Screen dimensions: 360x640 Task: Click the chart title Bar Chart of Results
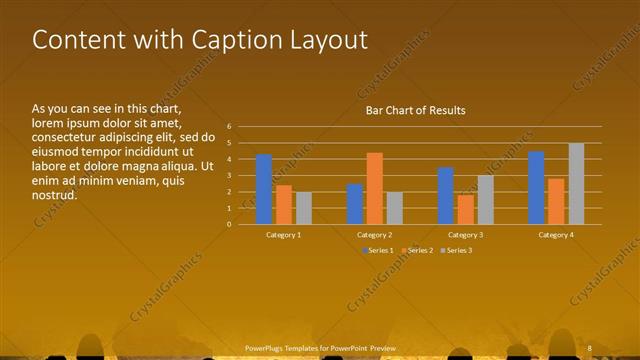click(x=415, y=110)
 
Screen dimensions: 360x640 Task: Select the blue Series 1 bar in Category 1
click(x=264, y=189)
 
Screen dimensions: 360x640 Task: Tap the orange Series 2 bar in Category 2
click(x=374, y=188)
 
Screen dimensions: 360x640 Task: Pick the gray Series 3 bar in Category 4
click(x=576, y=183)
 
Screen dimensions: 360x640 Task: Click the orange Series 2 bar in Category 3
click(x=465, y=209)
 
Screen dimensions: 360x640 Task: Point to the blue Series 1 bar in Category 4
click(x=536, y=187)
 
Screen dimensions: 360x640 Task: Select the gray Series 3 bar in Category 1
click(x=303, y=208)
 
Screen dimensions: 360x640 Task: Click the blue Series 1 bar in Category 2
click(x=355, y=204)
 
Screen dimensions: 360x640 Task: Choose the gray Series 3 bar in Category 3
click(x=485, y=199)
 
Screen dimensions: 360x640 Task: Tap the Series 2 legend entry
click(x=418, y=250)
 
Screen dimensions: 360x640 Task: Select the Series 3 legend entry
click(x=457, y=250)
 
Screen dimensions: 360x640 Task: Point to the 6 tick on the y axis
click(x=229, y=127)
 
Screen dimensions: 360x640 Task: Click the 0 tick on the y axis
click(x=229, y=224)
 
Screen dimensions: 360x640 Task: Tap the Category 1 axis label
click(x=283, y=235)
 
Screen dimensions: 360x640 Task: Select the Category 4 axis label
click(x=556, y=235)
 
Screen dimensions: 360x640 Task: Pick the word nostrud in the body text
click(x=54, y=196)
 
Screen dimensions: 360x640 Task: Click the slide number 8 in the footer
click(x=590, y=347)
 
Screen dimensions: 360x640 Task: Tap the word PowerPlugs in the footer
click(x=266, y=347)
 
